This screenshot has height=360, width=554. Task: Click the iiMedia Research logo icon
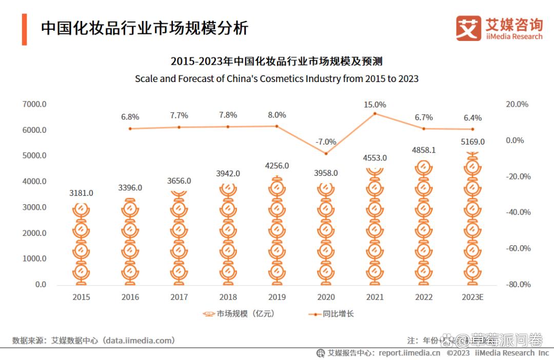(468, 28)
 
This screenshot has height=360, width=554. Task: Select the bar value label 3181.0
(81, 193)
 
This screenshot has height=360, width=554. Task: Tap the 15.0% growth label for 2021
(375, 105)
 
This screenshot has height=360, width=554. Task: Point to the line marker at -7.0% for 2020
(326, 153)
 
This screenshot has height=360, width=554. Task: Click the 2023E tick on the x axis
(473, 297)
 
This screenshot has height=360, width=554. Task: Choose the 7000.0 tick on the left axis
(34, 104)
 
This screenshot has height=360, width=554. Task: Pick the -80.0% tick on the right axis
(518, 285)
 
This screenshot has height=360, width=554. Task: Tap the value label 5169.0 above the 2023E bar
(473, 142)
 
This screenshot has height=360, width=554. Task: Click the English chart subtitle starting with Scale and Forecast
(276, 79)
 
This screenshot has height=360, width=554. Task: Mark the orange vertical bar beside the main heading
(24, 29)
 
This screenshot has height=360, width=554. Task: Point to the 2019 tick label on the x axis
(277, 297)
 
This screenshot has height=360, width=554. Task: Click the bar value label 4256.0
(277, 166)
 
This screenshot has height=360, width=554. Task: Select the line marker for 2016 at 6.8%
(130, 129)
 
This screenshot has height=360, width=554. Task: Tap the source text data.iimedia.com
(138, 341)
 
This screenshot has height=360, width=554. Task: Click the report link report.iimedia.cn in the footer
(409, 353)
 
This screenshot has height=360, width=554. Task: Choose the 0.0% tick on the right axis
(515, 141)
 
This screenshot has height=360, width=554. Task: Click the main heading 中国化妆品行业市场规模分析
(145, 28)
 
